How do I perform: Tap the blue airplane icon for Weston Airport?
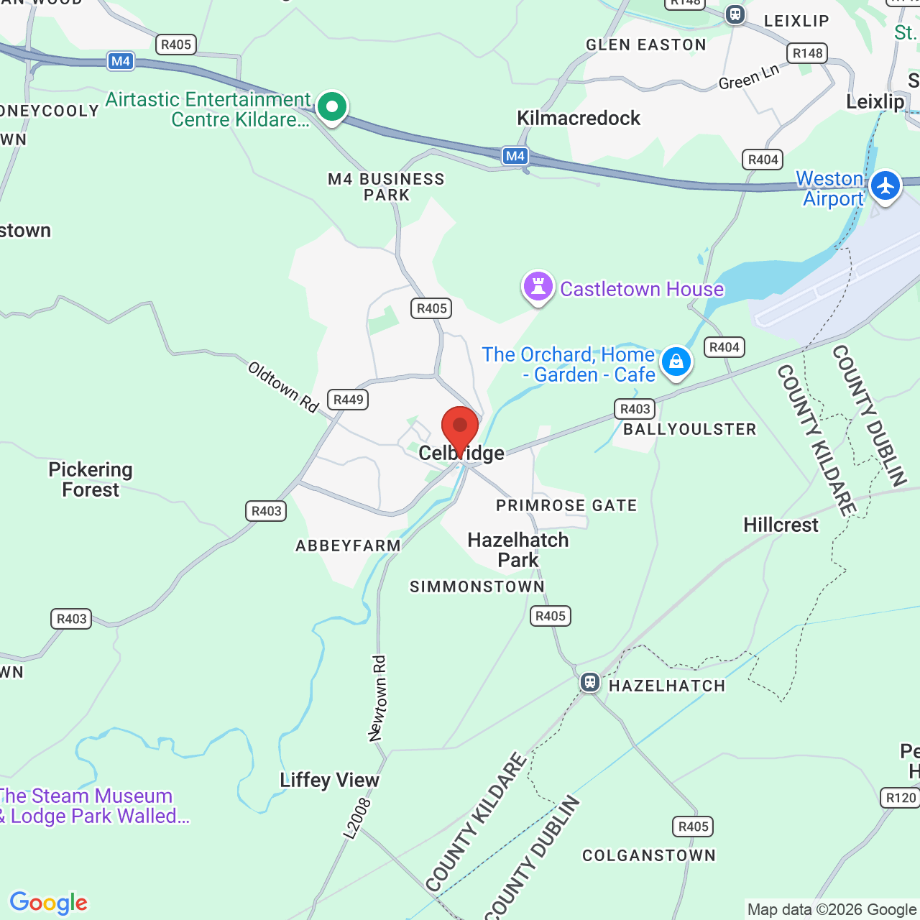click(885, 186)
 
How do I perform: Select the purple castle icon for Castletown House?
click(538, 286)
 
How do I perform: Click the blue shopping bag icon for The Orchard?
click(676, 362)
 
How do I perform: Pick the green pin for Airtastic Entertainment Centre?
click(331, 107)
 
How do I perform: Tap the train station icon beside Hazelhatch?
click(589, 682)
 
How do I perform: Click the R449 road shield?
click(349, 400)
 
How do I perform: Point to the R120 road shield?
click(901, 798)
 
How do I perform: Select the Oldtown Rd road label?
click(282, 387)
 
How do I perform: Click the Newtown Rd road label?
click(377, 698)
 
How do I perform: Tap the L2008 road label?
click(357, 818)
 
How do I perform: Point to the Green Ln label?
click(748, 77)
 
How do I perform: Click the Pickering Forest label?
click(91, 479)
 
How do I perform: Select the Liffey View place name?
click(329, 780)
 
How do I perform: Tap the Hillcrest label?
click(781, 525)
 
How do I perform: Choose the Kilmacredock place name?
click(579, 118)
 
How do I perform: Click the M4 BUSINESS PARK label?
click(387, 187)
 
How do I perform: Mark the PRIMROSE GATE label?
click(566, 506)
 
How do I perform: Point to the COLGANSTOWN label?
click(649, 855)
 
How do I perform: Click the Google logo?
click(48, 903)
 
